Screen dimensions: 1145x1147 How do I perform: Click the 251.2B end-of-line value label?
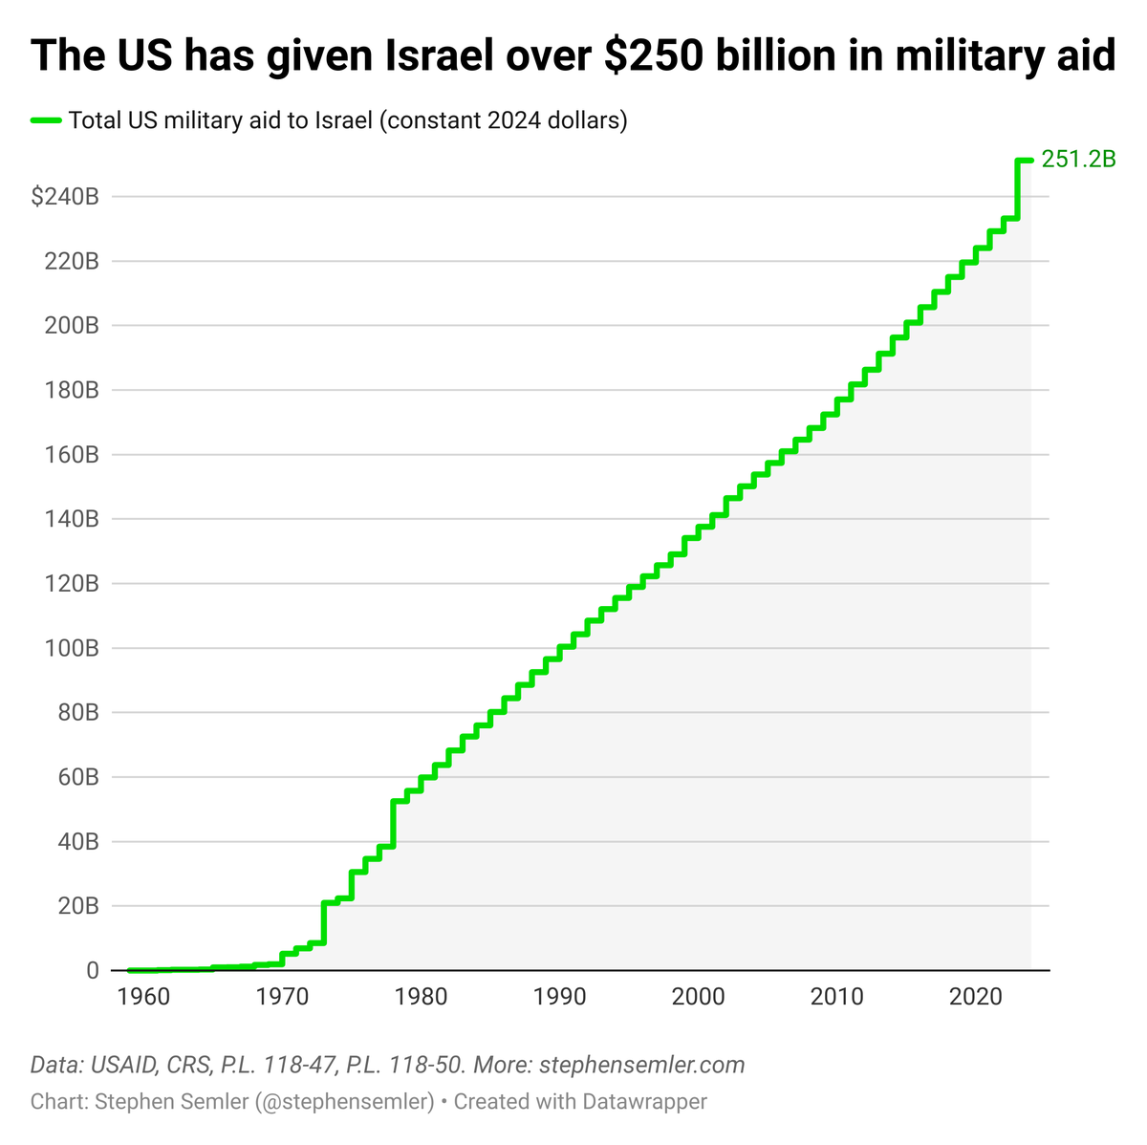1078,160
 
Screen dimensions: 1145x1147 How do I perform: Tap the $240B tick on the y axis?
65,197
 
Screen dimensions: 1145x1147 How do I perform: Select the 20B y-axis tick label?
77,906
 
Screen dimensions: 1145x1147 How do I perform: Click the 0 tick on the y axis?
93,971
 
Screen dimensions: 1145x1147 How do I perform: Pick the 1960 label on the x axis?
143,997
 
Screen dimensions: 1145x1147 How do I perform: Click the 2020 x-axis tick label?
975,997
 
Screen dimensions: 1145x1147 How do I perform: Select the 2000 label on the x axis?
698,997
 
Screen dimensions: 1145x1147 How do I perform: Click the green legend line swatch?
46,120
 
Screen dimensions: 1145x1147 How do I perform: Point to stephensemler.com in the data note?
642,1065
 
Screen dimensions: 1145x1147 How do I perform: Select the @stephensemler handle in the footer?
344,1101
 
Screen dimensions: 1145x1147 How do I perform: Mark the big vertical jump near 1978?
393,823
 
